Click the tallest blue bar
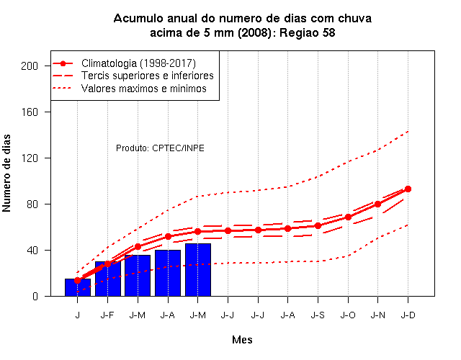pyautogui.click(x=198, y=269)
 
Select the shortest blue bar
pyautogui.click(x=78, y=287)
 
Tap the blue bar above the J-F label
pyautogui.click(x=108, y=279)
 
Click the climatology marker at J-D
pyautogui.click(x=408, y=189)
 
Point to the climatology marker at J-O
pyautogui.click(x=348, y=217)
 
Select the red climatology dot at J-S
pyautogui.click(x=318, y=225)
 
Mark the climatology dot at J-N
pyautogui.click(x=377, y=204)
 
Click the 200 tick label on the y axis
pyautogui.click(x=30, y=66)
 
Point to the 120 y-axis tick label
pyautogui.click(x=30, y=158)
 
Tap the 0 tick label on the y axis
pyautogui.click(x=35, y=297)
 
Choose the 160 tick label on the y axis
pyautogui.click(x=30, y=112)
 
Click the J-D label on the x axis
pyautogui.click(x=408, y=315)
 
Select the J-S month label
pyautogui.click(x=318, y=315)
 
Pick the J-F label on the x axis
pyautogui.click(x=107, y=315)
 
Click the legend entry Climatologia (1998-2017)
pyautogui.click(x=138, y=63)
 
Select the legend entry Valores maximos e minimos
pyautogui.click(x=144, y=89)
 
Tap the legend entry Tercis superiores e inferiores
pyautogui.click(x=148, y=76)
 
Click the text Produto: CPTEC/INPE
pyautogui.click(x=160, y=148)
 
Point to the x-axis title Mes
pyautogui.click(x=242, y=340)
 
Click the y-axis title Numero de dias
pyautogui.click(x=6, y=174)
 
